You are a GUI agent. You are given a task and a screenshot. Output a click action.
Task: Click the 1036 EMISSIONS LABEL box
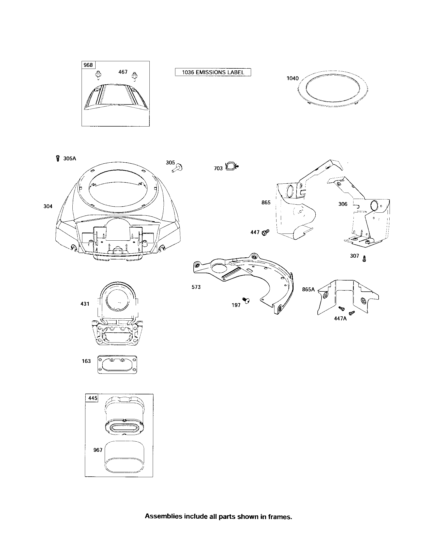[x=213, y=72]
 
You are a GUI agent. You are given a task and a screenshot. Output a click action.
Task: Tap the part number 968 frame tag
[x=88, y=65]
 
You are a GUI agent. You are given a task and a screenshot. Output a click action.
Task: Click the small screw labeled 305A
[x=58, y=158]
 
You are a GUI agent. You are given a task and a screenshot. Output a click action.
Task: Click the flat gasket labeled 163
[x=117, y=364]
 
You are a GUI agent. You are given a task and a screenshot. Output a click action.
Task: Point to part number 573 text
[x=196, y=287]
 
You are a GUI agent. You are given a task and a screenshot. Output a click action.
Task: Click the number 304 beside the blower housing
[x=48, y=206]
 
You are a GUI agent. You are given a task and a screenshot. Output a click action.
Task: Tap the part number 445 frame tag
[x=93, y=398]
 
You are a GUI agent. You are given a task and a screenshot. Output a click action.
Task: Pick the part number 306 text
[x=343, y=204]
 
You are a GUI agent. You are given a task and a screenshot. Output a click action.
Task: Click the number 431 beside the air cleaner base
[x=85, y=304]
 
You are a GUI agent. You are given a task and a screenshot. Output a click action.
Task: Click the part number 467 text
[x=123, y=72]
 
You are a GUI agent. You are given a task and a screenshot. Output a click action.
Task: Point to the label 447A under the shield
[x=340, y=319]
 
